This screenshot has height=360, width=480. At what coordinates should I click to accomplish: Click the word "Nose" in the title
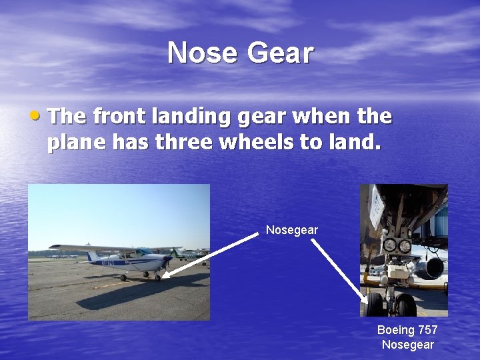(x=199, y=53)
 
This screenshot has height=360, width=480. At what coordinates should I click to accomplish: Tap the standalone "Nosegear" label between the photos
(x=292, y=230)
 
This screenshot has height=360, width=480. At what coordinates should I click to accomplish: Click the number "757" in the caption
(x=427, y=330)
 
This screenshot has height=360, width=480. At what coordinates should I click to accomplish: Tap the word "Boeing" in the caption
(x=396, y=330)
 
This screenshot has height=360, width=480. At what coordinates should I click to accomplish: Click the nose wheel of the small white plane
(x=158, y=277)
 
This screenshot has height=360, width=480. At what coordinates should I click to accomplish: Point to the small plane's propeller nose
(x=167, y=260)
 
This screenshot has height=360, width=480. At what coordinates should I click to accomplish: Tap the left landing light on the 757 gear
(x=389, y=246)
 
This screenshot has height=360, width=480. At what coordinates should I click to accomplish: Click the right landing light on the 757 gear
(x=404, y=246)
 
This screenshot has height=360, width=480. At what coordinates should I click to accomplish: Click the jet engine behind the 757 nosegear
(x=430, y=267)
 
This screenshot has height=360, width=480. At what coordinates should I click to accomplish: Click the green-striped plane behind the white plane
(x=187, y=253)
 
